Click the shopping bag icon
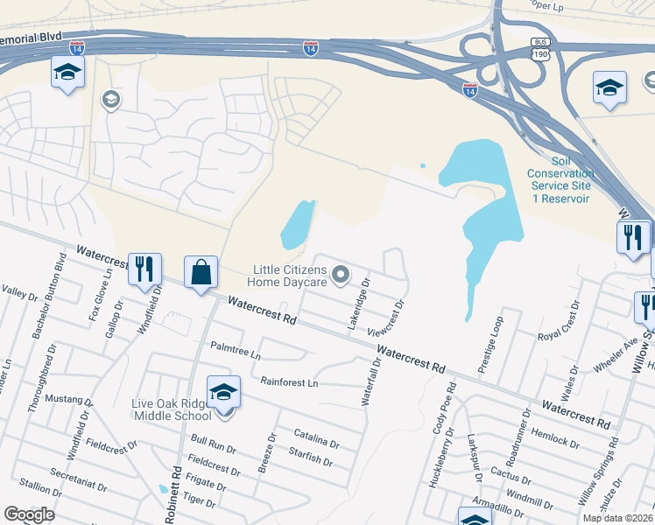(x=201, y=271)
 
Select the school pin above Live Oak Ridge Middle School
(x=223, y=391)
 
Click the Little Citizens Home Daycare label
(x=290, y=276)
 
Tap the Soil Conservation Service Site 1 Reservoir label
(x=560, y=179)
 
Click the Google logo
(x=29, y=514)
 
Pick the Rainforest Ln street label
(x=289, y=382)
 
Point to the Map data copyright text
(x=618, y=518)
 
